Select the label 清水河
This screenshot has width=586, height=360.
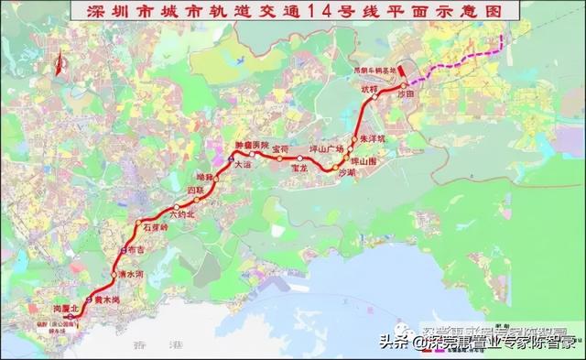[132, 273]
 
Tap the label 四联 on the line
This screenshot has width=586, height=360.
[195, 190]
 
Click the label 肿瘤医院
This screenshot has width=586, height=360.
[252, 145]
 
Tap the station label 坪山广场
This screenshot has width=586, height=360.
[327, 148]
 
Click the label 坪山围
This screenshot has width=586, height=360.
[365, 162]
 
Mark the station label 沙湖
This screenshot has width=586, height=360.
[348, 173]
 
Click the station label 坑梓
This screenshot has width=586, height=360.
[369, 89]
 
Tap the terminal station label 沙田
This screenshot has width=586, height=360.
[406, 94]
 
